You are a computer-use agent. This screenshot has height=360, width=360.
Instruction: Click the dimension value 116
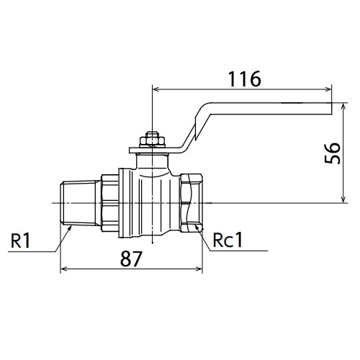point(244,78)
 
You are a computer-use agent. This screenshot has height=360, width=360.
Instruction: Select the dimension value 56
point(333,153)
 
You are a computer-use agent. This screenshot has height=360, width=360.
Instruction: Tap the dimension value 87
point(131,258)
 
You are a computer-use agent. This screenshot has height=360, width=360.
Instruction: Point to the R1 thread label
point(21,240)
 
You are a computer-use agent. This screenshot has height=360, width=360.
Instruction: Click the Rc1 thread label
point(228,240)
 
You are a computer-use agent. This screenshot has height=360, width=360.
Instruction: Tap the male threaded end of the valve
point(80,203)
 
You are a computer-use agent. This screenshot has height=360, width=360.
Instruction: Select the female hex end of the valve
point(192,203)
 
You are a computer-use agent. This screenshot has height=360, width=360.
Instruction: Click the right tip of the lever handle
point(331,109)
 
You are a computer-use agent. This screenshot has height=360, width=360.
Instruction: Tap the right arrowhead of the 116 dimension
point(328,89)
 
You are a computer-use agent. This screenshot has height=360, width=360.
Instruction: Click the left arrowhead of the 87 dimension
point(63,269)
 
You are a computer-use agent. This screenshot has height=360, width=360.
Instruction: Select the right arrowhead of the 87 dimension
point(199,269)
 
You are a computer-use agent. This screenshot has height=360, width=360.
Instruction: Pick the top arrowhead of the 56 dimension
point(343,107)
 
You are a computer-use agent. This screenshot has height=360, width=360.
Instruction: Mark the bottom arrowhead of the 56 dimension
point(343,199)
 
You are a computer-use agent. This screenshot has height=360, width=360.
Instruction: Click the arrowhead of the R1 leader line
point(70,228)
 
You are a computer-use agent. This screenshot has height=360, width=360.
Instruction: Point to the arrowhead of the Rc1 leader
point(197,228)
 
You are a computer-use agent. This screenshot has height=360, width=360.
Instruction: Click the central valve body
point(149,204)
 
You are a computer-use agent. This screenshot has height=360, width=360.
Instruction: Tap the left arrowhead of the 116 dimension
point(156,89)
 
